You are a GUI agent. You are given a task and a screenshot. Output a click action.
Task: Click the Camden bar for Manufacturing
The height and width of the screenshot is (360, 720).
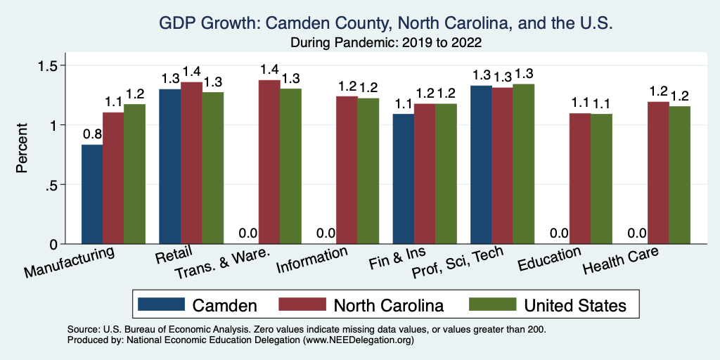(x=92, y=194)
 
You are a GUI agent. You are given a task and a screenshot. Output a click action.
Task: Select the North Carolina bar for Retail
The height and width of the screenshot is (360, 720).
(x=191, y=163)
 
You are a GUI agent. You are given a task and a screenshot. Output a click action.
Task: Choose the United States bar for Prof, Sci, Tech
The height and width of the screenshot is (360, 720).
(x=523, y=164)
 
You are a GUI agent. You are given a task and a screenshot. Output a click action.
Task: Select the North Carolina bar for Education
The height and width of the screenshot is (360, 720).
(x=579, y=179)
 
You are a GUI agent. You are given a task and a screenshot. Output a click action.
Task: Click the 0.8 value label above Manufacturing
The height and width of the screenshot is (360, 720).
(x=92, y=134)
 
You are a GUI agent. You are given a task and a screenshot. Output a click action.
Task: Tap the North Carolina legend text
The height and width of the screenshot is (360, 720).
(x=389, y=305)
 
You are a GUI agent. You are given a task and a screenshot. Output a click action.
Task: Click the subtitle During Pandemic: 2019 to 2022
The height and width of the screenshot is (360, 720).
(x=386, y=43)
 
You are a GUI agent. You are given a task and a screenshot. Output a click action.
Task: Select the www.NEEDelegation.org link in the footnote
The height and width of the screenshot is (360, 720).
(x=356, y=340)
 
